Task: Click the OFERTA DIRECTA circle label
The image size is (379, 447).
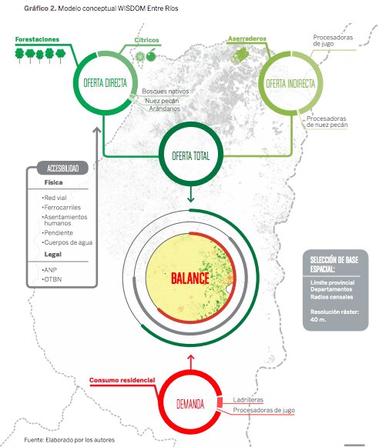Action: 105,83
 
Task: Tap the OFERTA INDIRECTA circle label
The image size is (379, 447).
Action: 290,84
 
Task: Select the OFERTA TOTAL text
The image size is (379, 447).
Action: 190,156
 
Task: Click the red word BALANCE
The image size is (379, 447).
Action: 190,279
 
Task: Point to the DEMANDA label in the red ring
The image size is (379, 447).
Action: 190,404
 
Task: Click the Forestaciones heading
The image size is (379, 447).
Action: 37,39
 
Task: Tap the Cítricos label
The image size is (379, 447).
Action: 146,40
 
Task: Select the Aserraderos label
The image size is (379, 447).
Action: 247,38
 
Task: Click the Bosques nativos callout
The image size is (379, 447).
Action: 166,92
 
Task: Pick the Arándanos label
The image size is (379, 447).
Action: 165,108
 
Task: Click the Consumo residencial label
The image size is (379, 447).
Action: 122,380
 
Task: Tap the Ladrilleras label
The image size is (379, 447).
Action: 248,399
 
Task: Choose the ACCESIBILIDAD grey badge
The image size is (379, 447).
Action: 63,168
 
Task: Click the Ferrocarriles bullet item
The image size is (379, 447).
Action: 62,208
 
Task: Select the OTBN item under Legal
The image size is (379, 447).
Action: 52,279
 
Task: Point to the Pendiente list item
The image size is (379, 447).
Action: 58,233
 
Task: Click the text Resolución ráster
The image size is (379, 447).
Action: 334,312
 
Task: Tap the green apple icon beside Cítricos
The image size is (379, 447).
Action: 151,55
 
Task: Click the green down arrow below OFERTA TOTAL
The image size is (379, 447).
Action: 190,195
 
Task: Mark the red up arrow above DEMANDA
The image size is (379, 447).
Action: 191,362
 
